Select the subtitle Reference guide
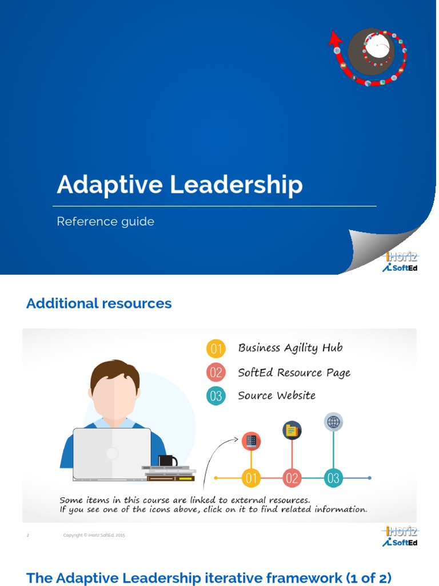point(105,221)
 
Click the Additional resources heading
point(99,303)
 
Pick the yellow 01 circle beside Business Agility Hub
point(216,349)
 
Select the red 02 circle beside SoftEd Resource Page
point(216,373)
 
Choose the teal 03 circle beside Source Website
point(216,396)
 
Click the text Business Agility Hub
point(290,348)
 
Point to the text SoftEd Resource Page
point(294,373)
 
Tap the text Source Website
point(277,395)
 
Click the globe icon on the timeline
point(333,422)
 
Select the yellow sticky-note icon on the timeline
point(292,430)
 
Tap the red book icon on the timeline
point(251,441)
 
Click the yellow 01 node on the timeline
point(251,477)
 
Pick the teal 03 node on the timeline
point(333,477)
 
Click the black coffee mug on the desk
point(167,461)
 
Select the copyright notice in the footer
point(94,535)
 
